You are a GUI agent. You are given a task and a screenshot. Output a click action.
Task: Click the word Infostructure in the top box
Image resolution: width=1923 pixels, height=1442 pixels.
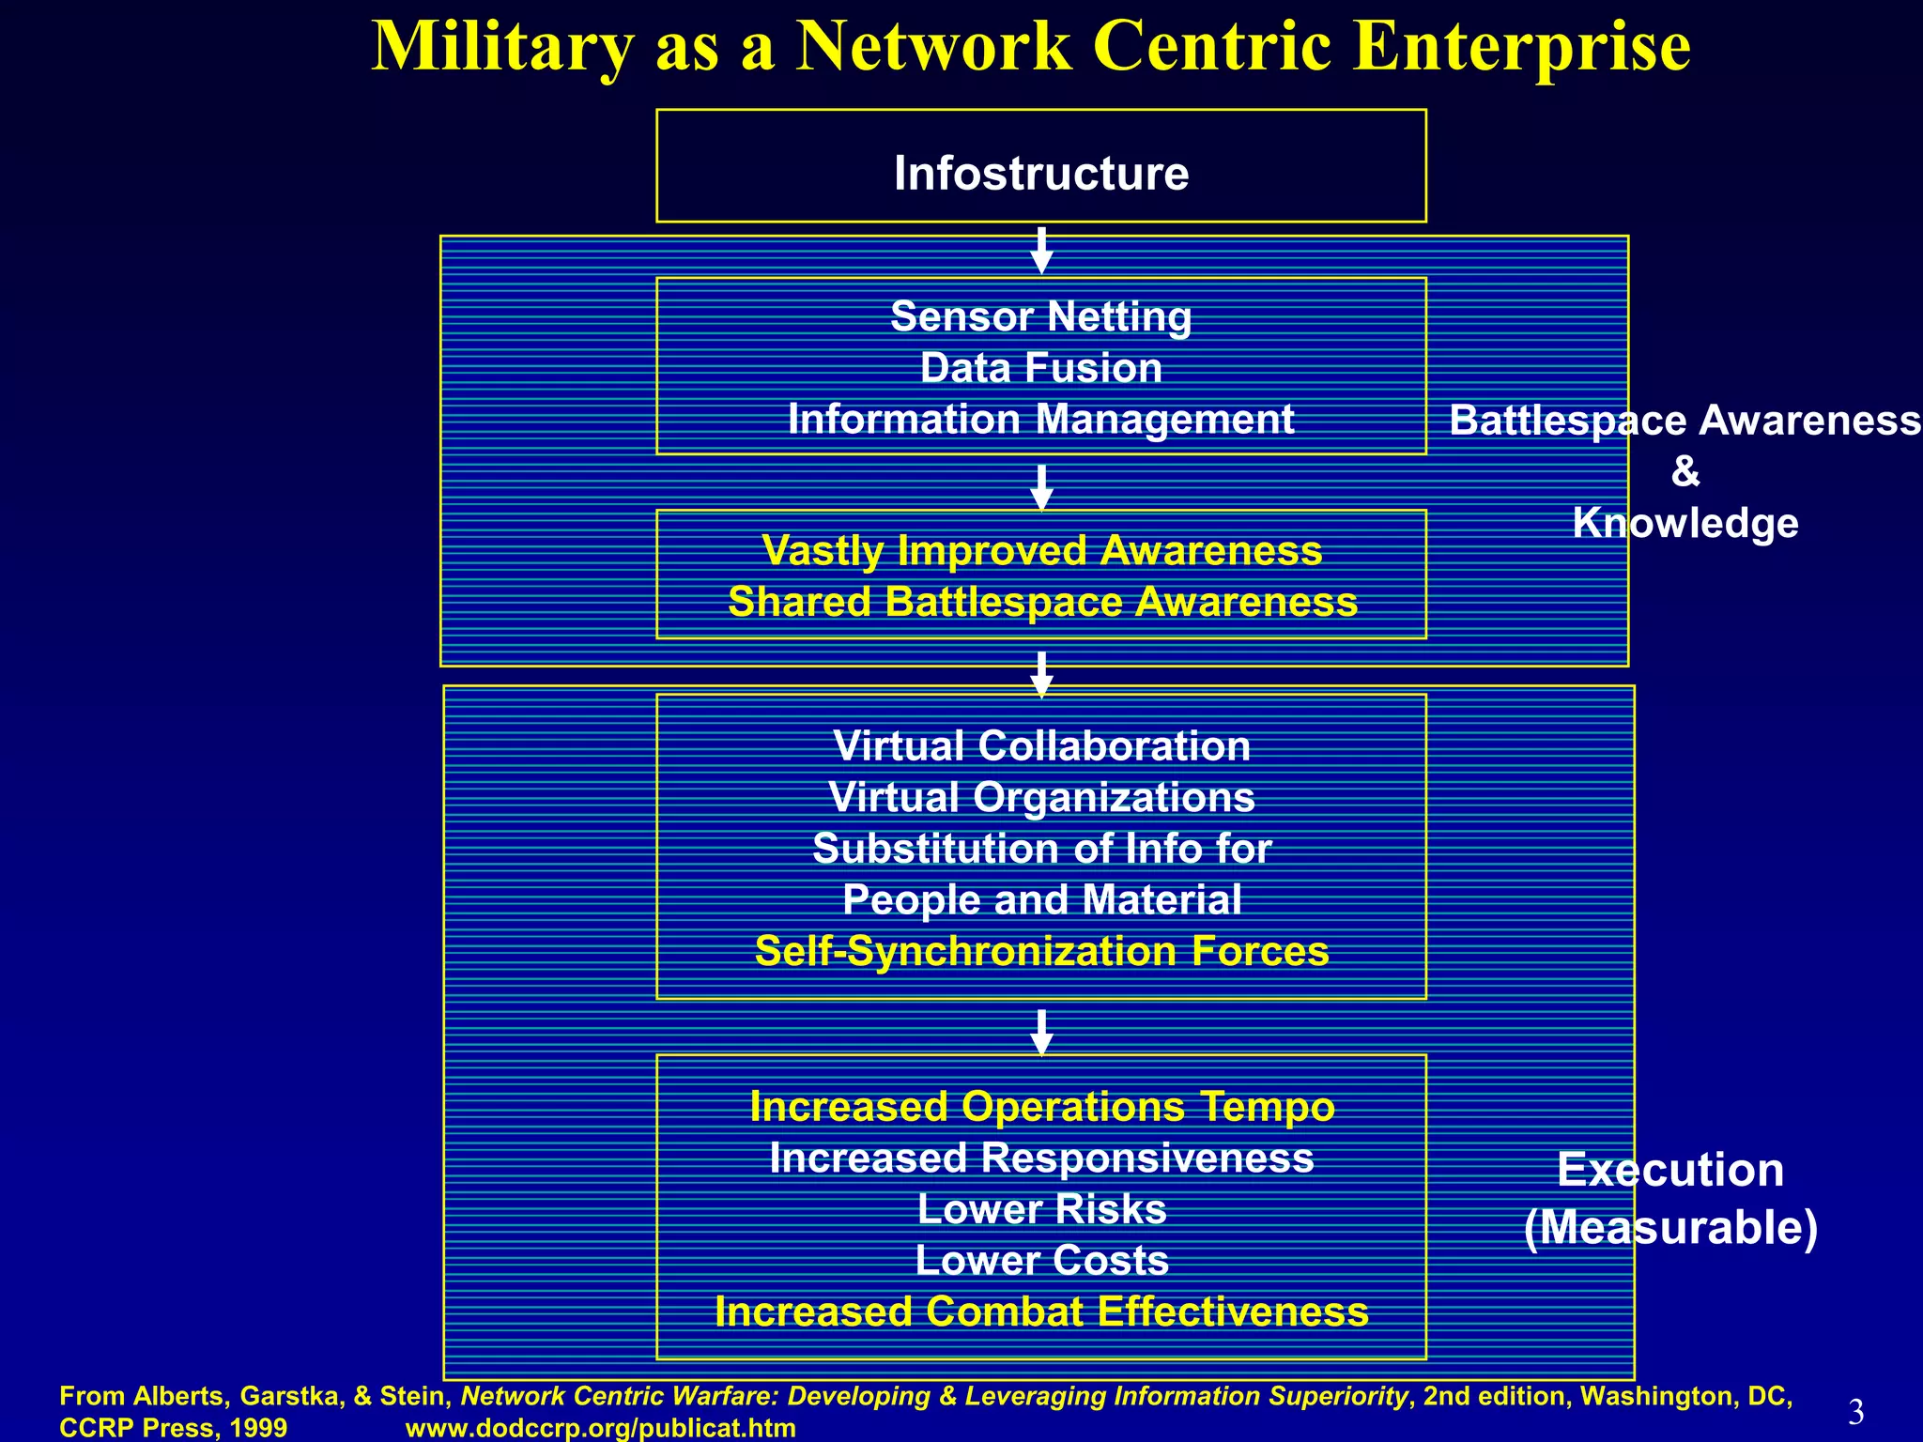click(1041, 174)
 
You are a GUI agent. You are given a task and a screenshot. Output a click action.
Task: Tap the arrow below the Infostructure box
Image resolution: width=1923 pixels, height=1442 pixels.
click(1041, 250)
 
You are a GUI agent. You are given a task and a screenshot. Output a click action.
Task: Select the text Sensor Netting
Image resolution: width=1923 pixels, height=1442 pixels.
click(1041, 317)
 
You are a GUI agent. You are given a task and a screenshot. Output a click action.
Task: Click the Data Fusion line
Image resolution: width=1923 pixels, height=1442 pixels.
click(1041, 368)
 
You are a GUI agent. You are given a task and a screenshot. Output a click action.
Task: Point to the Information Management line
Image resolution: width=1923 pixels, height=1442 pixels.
click(1041, 419)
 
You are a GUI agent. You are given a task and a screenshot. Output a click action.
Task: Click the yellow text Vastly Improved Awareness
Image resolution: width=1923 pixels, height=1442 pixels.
click(1041, 551)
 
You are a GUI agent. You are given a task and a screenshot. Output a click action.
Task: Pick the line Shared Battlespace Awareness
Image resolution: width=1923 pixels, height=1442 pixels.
click(1042, 602)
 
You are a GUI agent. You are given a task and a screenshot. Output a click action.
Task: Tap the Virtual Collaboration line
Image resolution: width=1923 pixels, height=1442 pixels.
click(1041, 746)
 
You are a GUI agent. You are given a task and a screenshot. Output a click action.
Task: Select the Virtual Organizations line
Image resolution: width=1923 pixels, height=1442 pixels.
click(1041, 798)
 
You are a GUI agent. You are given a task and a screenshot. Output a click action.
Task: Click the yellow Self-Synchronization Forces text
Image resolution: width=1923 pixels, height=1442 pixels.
click(1041, 951)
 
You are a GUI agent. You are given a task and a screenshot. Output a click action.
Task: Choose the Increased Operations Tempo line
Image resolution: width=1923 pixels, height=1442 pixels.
click(1041, 1107)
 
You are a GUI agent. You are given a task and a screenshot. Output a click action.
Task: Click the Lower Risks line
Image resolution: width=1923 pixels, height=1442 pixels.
click(1041, 1209)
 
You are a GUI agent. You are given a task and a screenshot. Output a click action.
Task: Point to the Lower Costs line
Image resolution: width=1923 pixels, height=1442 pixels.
click(1041, 1260)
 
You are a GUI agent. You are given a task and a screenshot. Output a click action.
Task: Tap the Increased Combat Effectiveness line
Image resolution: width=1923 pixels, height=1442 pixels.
click(1041, 1312)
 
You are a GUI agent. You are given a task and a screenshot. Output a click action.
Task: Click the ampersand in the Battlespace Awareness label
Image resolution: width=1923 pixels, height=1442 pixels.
click(1685, 471)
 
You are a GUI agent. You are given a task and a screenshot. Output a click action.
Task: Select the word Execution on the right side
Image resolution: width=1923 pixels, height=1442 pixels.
click(1670, 1170)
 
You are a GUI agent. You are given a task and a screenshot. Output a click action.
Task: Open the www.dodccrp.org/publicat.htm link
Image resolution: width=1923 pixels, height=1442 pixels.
click(600, 1428)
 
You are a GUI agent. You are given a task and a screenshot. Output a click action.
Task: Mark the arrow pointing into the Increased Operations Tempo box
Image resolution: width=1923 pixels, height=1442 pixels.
click(1041, 1032)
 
